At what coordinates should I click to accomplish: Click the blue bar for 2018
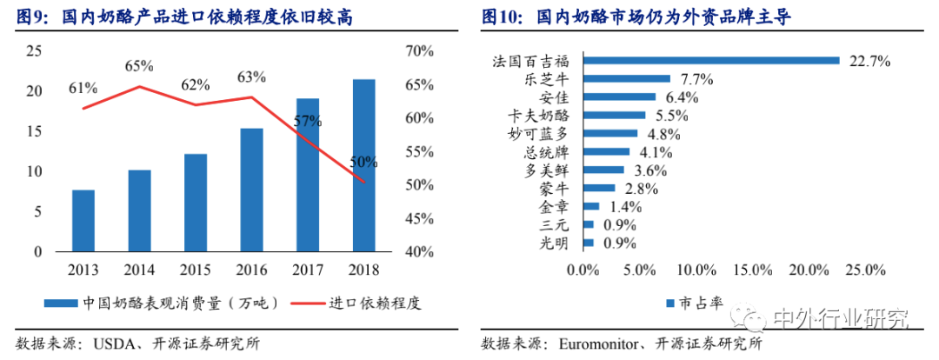[364, 165]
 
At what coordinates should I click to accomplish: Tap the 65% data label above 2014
[138, 65]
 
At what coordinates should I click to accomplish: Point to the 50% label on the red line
[364, 162]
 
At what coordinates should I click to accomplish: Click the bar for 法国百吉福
[710, 61]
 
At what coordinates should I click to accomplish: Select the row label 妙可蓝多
[543, 134]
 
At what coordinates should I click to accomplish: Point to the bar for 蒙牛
[599, 188]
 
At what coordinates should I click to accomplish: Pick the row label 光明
[556, 243]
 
